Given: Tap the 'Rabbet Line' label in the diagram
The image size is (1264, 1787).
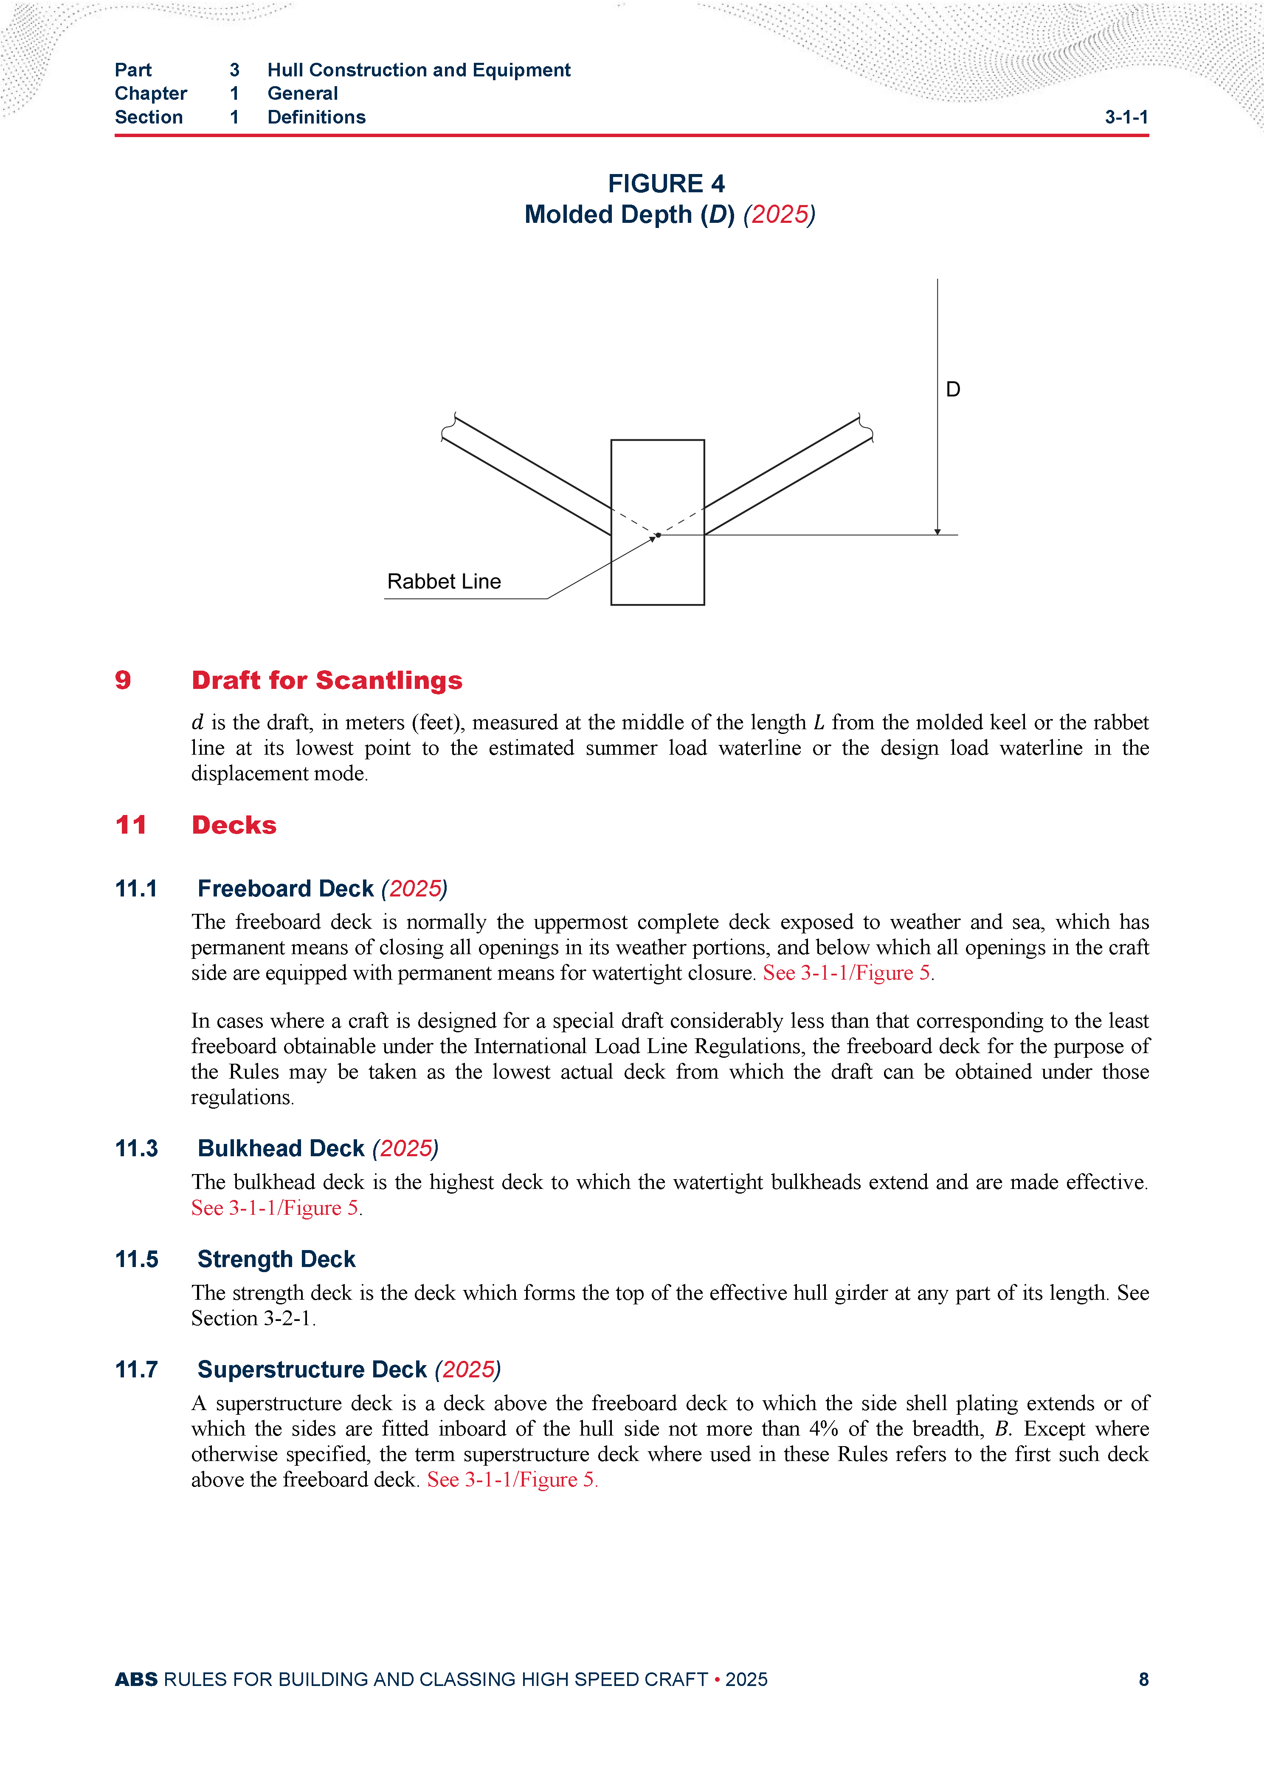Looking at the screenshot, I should coord(444,582).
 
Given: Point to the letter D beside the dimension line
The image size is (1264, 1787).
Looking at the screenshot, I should coord(953,389).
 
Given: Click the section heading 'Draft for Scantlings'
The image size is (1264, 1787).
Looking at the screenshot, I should coord(327,680).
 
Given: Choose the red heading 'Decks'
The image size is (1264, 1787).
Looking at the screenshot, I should coord(234,825).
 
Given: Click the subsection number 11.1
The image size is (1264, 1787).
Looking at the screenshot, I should coord(136,889).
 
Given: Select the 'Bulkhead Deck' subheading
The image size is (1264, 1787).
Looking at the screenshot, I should coord(281,1149).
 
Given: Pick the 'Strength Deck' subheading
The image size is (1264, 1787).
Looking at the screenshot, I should coord(276,1259).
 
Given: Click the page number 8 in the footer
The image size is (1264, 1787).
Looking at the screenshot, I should coord(1143,1680).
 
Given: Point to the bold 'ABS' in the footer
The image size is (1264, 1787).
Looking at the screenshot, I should coord(136,1680).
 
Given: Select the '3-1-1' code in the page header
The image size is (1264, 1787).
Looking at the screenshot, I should coord(1126,118).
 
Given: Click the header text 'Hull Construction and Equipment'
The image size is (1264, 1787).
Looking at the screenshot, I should coord(419,70).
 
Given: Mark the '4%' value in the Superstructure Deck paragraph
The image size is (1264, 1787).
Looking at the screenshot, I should coord(823,1429).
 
